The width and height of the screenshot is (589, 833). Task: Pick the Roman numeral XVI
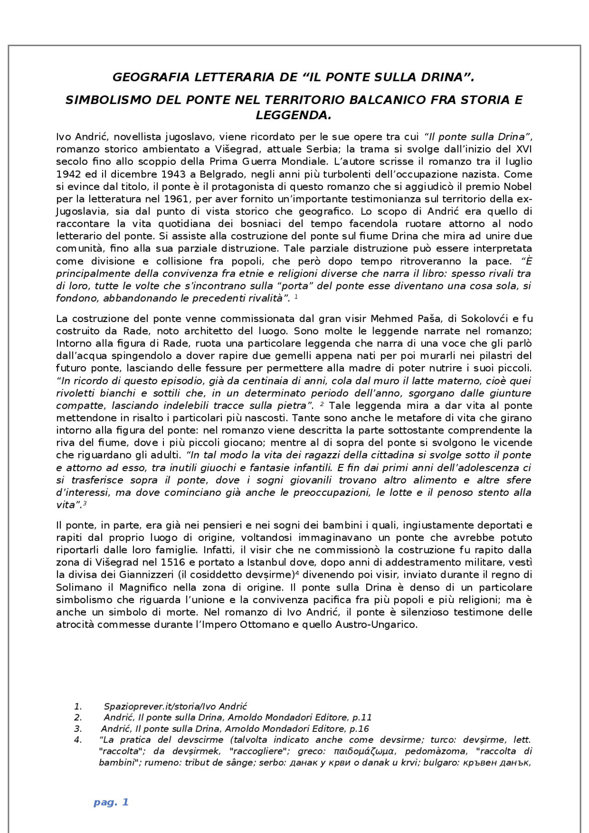tap(524, 149)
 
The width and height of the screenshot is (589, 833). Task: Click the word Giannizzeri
tap(147, 575)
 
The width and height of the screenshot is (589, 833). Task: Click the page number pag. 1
tap(111, 802)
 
